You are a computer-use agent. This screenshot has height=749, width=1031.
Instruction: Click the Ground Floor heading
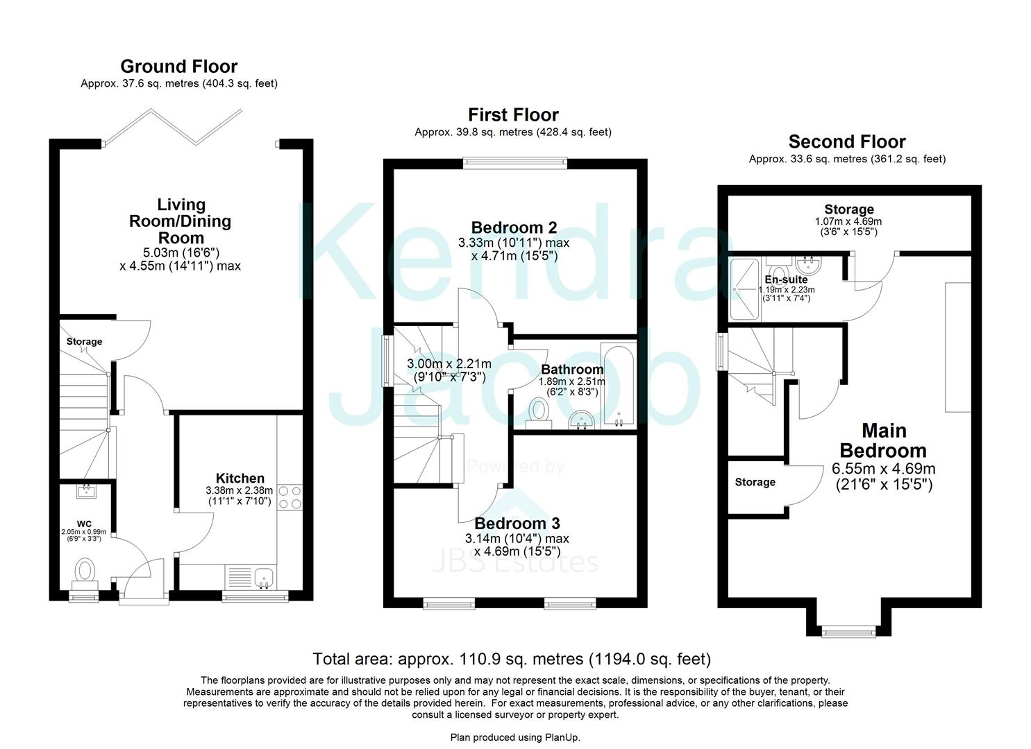178,67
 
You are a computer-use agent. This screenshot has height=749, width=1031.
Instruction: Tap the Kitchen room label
240,478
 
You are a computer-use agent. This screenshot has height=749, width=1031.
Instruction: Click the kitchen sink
263,578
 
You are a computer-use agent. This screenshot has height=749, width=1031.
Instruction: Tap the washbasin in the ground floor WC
87,492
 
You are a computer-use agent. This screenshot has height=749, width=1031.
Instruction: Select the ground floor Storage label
84,341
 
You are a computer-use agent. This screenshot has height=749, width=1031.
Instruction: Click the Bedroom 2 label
514,227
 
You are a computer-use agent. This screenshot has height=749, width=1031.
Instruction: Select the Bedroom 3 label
517,524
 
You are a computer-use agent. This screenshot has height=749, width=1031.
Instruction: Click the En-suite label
786,279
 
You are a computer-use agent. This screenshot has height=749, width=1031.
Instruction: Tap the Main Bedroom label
883,440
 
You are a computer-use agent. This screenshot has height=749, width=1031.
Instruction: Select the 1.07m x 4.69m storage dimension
848,222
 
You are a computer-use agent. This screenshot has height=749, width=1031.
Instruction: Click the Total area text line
512,659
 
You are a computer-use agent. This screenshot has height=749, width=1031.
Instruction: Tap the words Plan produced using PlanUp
515,737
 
